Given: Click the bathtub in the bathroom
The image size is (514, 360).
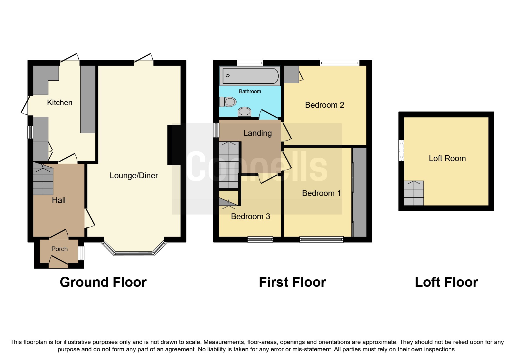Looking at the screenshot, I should coord(250,76).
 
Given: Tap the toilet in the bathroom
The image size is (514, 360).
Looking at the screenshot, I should coord(228,102).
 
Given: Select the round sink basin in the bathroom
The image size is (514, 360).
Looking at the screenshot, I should coord(244,111).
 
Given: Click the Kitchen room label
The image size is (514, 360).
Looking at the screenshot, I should coord(59,102).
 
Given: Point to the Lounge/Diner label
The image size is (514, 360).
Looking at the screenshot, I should coord(134,175).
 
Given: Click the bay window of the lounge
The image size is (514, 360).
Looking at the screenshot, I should coord(134,253).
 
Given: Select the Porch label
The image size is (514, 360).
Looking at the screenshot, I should coord(59,249).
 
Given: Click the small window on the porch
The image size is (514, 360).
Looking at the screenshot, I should coord(82,253).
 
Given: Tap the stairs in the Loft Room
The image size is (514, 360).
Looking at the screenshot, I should coord(414,193).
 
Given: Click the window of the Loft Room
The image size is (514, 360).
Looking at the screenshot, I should coord(401,150).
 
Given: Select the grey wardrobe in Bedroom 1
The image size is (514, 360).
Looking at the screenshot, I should coord(360,192).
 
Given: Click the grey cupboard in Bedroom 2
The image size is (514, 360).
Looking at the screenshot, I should coord(291,74).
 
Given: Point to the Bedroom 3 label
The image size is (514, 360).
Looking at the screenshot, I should coord(250,216).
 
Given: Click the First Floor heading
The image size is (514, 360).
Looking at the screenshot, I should coord(292,282).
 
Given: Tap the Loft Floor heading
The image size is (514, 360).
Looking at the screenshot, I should coord(446,282).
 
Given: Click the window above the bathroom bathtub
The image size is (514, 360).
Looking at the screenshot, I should coord(250,63).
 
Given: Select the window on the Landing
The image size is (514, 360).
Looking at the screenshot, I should coord(216,130).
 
